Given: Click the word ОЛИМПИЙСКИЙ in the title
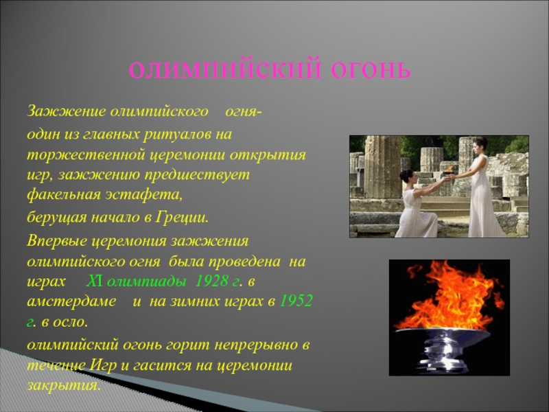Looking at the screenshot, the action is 225,70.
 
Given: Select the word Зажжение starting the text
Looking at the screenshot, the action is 66,112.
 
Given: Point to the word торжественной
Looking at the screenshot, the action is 86,155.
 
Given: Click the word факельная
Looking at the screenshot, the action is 64,195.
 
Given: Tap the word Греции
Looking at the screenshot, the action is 182,218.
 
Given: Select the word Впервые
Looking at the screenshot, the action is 57,242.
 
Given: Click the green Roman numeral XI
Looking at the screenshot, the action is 94,282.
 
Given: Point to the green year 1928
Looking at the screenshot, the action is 212,282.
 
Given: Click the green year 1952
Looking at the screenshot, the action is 296,301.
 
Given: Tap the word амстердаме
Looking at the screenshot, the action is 71,301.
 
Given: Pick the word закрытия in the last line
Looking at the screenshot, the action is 64,386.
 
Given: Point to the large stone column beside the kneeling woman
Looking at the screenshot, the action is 382,168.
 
